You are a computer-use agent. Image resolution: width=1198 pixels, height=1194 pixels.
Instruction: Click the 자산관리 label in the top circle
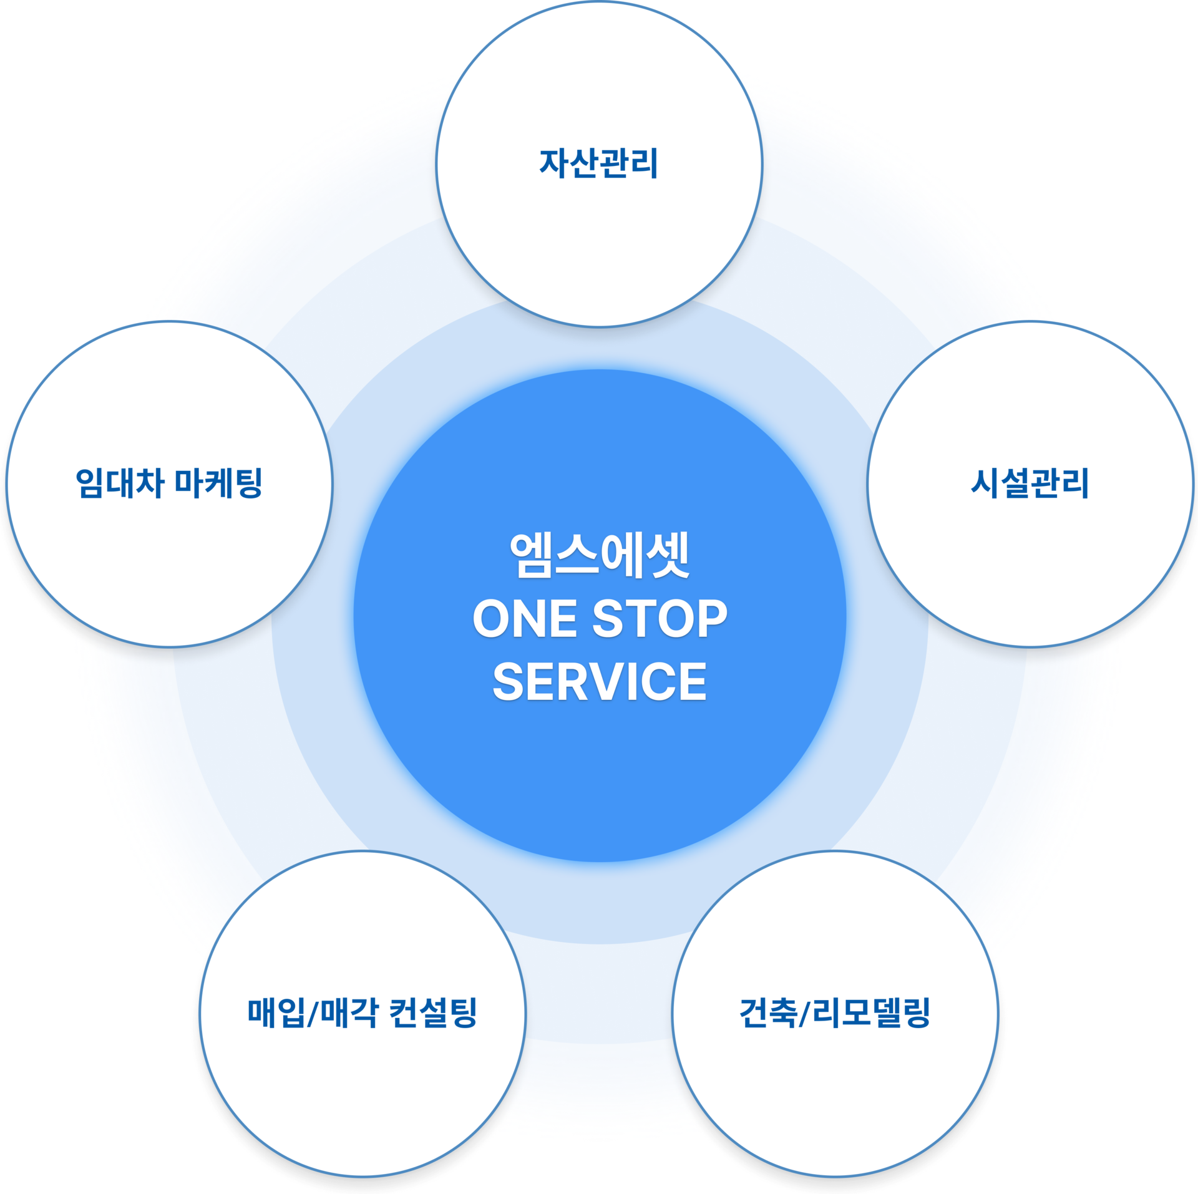[x=598, y=163]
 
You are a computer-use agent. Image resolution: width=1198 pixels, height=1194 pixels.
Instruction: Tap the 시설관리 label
[x=1030, y=483]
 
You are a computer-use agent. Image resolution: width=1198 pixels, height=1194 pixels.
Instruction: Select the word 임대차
[x=120, y=483]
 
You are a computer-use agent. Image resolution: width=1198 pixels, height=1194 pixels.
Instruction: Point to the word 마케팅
[x=218, y=483]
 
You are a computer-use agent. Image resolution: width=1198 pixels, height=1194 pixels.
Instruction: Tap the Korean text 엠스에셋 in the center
[x=600, y=555]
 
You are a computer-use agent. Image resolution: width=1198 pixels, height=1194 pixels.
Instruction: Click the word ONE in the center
[x=525, y=618]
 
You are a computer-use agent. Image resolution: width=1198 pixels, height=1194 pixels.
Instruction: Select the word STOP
[x=660, y=618]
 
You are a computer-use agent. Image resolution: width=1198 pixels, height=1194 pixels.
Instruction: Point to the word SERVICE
[x=600, y=681]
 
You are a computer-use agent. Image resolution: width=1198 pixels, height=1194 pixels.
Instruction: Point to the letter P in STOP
[x=712, y=618]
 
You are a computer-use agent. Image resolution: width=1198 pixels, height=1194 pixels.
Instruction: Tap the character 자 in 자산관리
[x=553, y=163]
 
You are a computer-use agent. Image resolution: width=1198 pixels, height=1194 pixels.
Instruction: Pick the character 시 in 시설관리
[x=985, y=483]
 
